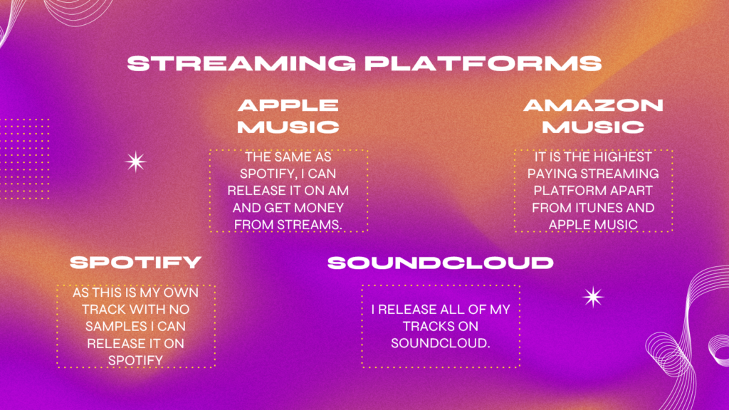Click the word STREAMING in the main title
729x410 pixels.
[241, 63]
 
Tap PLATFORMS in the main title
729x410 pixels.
[483, 63]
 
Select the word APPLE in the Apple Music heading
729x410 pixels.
[288, 105]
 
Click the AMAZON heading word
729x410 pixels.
[593, 105]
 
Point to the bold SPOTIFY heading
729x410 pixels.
[136, 262]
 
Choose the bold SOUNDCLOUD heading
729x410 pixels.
[441, 263]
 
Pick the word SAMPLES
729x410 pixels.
[110, 326]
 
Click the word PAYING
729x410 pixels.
[552, 174]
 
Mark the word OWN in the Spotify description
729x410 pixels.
[186, 293]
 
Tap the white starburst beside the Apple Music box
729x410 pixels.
[136, 162]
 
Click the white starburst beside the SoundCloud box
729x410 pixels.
[593, 297]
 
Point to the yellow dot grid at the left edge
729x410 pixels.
[24, 159]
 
